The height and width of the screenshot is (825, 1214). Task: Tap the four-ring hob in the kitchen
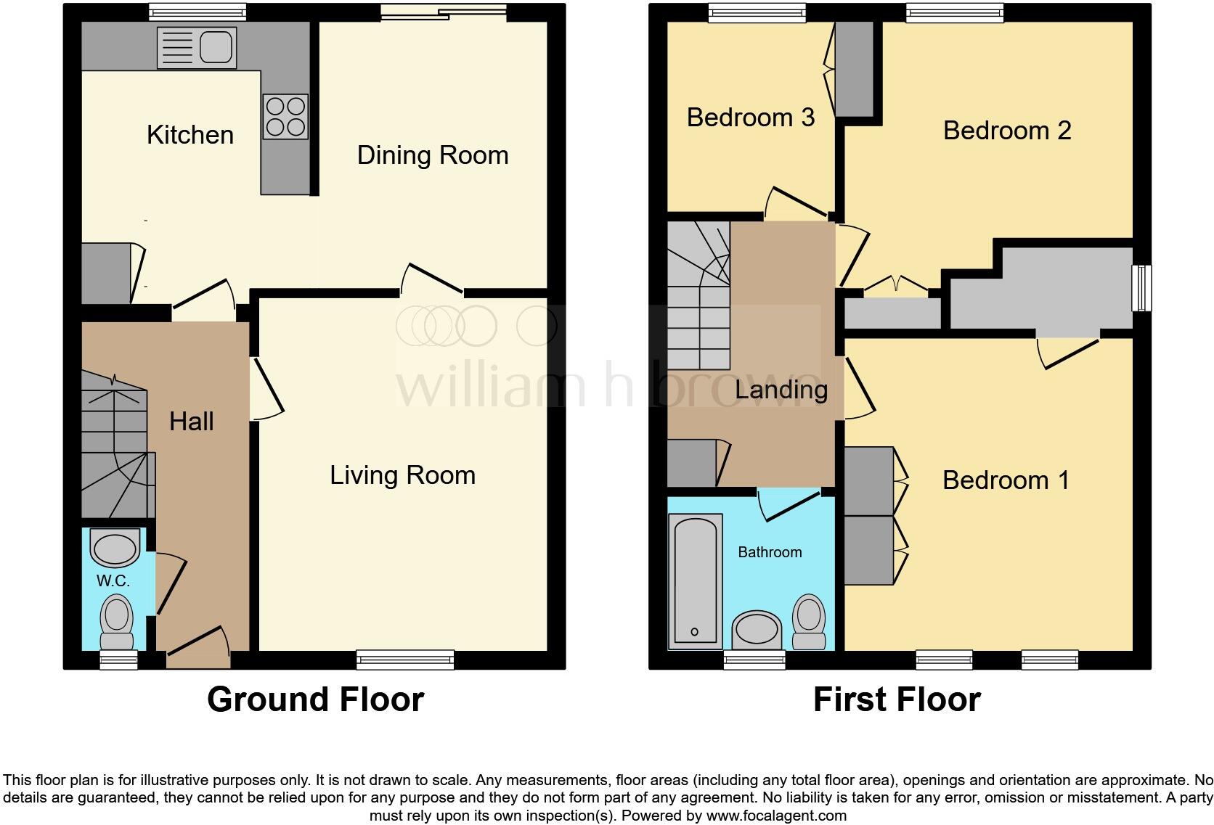coord(285,117)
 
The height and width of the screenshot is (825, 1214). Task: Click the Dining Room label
coord(433,155)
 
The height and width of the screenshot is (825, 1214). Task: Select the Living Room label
coord(402,475)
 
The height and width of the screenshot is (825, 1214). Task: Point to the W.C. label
coord(113,581)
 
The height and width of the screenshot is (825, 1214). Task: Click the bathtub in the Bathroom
coord(695,580)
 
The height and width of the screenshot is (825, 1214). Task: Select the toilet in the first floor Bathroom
coord(809,622)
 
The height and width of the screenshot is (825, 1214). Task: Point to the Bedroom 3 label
coord(750,118)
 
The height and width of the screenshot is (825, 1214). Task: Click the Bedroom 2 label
coord(1006,131)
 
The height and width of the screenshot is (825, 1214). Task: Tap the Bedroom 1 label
coord(1006,480)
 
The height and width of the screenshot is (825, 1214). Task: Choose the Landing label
coord(781,390)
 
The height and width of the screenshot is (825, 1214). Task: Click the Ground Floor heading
coord(315,699)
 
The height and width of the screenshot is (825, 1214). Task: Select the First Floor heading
coord(896,699)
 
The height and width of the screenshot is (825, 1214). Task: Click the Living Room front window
coord(405,660)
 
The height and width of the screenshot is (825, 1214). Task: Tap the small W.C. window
coord(118,659)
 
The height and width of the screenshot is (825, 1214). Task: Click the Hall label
coord(191,422)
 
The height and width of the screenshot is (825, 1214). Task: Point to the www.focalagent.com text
coord(775,816)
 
